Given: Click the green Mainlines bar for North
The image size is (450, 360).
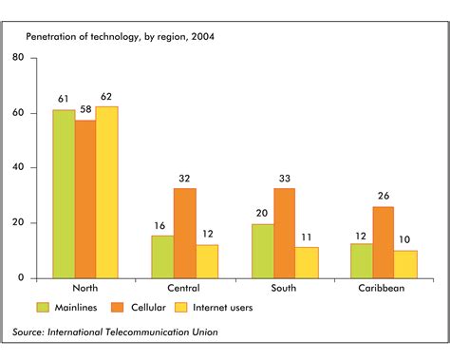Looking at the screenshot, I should pyautogui.click(x=64, y=194).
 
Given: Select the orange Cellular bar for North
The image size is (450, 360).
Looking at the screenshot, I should pyautogui.click(x=85, y=199).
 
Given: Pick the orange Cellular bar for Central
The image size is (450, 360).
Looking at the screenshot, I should pyautogui.click(x=185, y=233).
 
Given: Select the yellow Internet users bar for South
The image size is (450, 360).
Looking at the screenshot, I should pyautogui.click(x=307, y=262).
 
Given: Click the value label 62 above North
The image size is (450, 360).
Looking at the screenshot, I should pyautogui.click(x=107, y=97).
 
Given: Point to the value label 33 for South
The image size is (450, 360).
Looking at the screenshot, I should pyautogui.click(x=285, y=178).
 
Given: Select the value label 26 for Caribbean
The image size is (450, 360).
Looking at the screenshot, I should pyautogui.click(x=384, y=197).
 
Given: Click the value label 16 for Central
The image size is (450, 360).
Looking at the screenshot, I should pyautogui.click(x=162, y=225).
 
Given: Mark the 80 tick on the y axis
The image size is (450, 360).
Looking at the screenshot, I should pyautogui.click(x=19, y=58).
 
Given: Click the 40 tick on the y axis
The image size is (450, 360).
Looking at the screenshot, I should pyautogui.click(x=19, y=168).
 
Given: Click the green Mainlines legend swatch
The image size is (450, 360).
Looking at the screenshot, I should pyautogui.click(x=43, y=307).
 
